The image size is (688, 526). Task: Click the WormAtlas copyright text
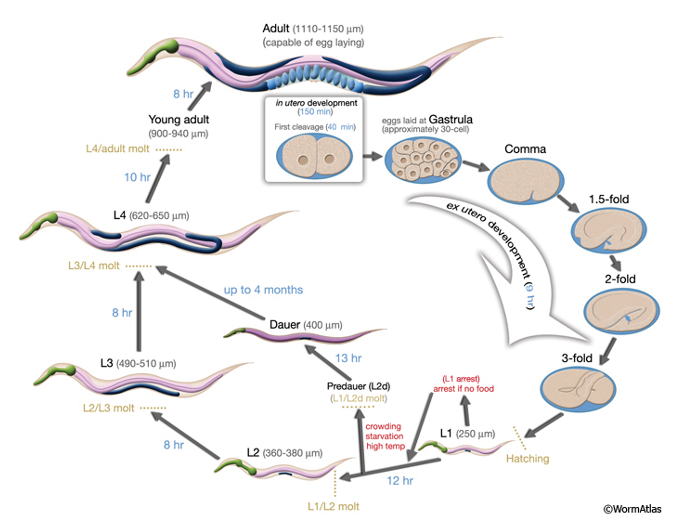click(632, 509)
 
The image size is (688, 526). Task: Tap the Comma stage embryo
click(526, 181)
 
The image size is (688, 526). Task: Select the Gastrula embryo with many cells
click(423, 160)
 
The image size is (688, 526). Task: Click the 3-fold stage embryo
click(578, 389)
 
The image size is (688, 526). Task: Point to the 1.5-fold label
click(609, 199)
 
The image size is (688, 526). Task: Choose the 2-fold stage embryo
click(622, 311)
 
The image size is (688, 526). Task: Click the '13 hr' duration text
click(348, 358)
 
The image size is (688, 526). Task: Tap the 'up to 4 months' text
click(263, 290)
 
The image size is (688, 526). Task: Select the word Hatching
click(527, 459)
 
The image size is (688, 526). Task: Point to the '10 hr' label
click(137, 177)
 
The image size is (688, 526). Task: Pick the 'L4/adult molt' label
click(117, 149)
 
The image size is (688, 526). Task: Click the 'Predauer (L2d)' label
click(358, 386)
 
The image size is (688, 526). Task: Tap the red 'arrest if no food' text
click(463, 389)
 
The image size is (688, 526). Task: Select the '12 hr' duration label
click(400, 480)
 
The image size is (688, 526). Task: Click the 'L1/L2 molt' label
click(334, 506)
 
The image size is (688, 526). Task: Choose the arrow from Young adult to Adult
click(200, 96)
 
